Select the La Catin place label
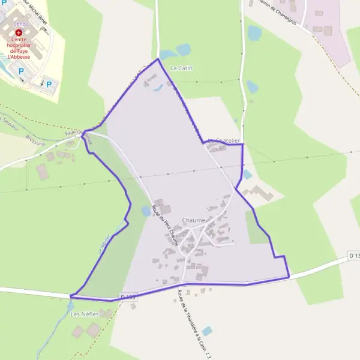[181, 68]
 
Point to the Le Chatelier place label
[224, 141]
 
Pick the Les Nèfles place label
[84, 314]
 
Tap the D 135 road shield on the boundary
[128, 296]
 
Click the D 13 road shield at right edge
[354, 256]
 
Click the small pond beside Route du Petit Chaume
[146, 211]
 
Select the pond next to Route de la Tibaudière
[207, 331]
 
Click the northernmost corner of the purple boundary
[158, 59]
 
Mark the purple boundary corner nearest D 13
[289, 277]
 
